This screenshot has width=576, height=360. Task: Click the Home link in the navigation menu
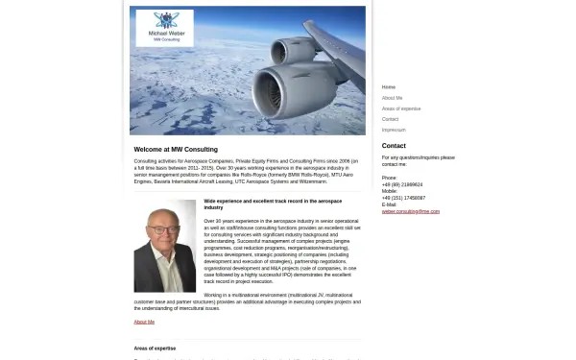coord(389,87)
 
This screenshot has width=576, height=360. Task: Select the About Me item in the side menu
coord(392,98)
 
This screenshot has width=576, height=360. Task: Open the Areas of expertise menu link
coord(401,108)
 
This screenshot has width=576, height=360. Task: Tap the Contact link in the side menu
coord(390,119)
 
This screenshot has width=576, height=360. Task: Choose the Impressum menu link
coord(394,130)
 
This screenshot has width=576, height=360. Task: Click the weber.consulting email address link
coord(411,211)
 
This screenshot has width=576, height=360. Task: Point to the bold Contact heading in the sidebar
coord(394,146)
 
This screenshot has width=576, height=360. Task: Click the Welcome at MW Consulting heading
coord(176,149)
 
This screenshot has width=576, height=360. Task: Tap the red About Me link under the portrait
coord(144,322)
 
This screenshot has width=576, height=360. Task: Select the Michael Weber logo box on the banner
coord(164,28)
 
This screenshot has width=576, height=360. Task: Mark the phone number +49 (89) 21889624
coord(402,184)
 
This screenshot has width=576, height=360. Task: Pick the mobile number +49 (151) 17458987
coord(404,198)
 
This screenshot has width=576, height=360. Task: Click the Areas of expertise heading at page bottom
coord(155,348)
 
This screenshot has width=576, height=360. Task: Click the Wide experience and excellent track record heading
coord(273,204)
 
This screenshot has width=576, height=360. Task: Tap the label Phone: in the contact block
coord(390,178)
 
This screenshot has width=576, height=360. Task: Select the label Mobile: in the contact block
coord(390,191)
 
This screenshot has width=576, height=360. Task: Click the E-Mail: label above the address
coord(389,204)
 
